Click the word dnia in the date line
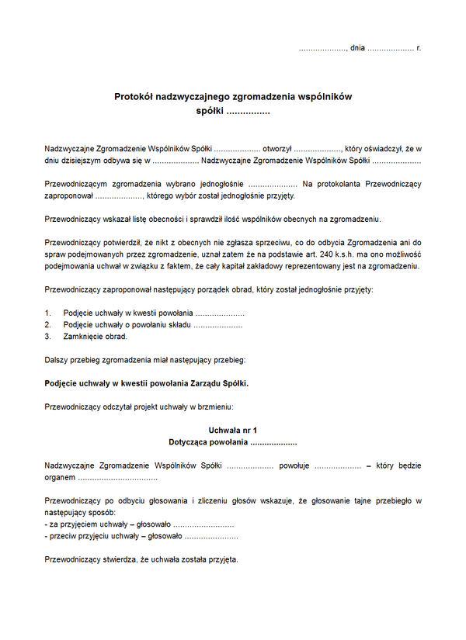(x=357, y=48)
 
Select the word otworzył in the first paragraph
(x=276, y=148)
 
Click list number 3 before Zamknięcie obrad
(x=47, y=337)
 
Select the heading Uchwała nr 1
(x=233, y=430)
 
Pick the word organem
(x=60, y=477)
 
